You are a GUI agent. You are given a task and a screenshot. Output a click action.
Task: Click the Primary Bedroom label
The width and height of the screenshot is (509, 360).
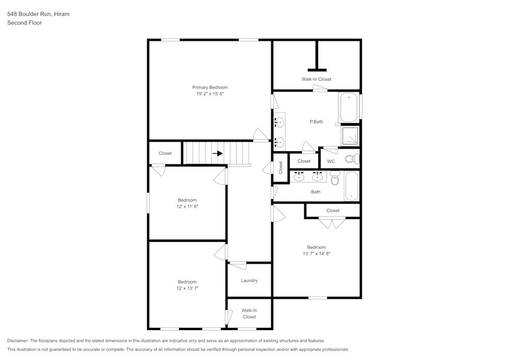click(210, 88)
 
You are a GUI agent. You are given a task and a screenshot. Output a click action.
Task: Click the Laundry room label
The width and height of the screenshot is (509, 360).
click(249, 281)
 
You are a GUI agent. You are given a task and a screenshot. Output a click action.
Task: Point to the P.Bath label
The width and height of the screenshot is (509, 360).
click(316, 122)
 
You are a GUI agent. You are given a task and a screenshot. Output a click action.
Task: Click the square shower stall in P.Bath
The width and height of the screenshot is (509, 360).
click(350, 136)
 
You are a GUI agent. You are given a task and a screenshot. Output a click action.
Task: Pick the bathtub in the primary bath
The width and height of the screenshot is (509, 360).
click(349, 107)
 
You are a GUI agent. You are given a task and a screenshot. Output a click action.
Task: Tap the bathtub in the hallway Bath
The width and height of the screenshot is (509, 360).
click(351, 186)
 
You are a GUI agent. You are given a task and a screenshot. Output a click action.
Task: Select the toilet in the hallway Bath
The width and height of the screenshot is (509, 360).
click(334, 178)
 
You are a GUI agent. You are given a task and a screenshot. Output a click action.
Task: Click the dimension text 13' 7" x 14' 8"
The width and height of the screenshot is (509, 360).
click(316, 254)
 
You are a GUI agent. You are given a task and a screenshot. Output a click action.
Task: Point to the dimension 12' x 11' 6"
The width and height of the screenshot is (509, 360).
click(187, 206)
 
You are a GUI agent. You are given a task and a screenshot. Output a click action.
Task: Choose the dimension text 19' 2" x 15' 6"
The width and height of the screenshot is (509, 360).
click(210, 94)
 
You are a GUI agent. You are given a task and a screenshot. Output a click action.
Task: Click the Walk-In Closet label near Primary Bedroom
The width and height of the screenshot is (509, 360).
click(316, 79)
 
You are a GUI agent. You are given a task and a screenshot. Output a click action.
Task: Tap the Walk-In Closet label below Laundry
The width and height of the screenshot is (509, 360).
click(249, 313)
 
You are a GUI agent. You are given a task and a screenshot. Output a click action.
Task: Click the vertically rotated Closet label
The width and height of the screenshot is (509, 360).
click(280, 168)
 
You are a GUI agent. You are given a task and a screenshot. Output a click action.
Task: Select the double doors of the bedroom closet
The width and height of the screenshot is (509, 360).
click(332, 223)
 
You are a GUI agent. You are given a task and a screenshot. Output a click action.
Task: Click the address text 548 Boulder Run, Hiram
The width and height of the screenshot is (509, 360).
click(38, 14)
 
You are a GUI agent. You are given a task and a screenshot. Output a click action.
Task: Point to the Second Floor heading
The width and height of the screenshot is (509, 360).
click(24, 23)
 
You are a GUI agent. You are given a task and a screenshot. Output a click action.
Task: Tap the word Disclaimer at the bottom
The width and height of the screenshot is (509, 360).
click(18, 341)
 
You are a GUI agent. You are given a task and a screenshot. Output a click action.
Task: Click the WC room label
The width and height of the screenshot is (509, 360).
click(330, 161)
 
